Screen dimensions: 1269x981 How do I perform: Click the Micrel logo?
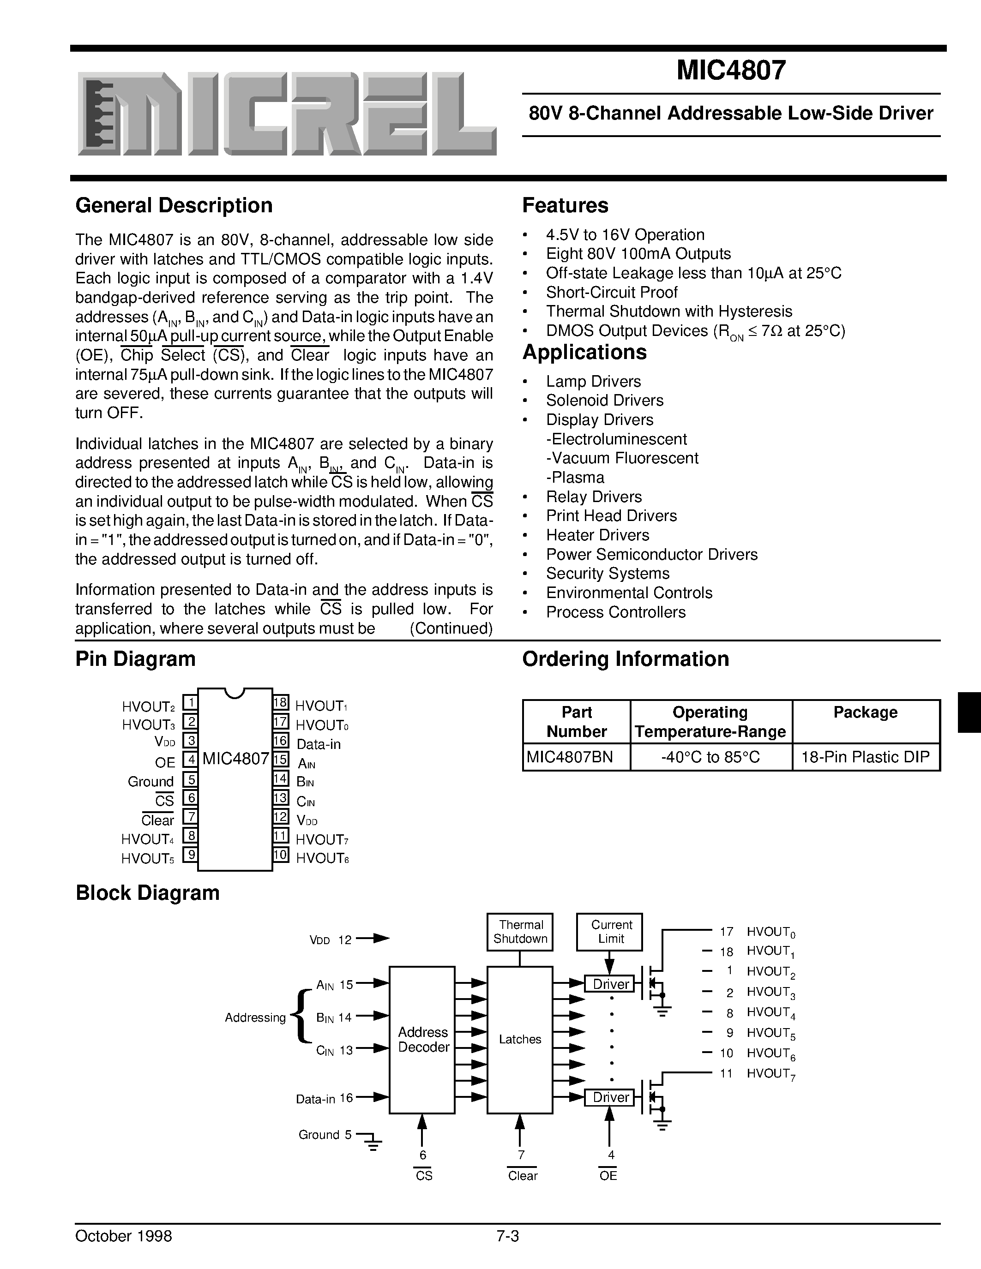(287, 114)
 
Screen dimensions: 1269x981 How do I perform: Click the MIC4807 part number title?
(731, 70)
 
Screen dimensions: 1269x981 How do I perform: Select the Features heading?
(565, 206)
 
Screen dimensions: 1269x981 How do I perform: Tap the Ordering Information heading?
(626, 659)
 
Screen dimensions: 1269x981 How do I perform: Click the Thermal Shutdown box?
(520, 931)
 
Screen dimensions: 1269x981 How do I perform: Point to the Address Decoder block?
(422, 1040)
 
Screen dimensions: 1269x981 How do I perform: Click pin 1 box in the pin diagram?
(190, 702)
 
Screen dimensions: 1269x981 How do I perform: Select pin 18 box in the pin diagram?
(281, 702)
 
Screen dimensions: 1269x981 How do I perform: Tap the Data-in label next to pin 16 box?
(319, 744)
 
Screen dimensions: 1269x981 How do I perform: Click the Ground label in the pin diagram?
(150, 782)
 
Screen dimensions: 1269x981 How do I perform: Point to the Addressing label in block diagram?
(255, 1018)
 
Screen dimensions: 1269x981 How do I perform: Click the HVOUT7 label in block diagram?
(770, 1074)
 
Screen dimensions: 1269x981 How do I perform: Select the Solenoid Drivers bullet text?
(604, 401)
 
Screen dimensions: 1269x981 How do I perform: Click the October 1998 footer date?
(124, 1235)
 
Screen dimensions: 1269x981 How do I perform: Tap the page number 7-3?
(507, 1235)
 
